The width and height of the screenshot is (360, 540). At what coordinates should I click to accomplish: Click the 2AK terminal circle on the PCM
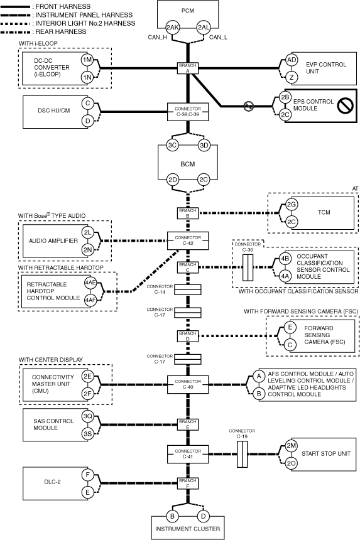point(172,28)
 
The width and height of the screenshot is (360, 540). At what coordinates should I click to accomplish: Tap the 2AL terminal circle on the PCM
point(204,28)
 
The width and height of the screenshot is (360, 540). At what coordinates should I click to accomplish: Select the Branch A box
point(188,68)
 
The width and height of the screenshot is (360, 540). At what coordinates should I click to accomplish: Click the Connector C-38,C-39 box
point(188,112)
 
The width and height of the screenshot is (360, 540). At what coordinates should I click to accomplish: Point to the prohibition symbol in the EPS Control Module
point(344,105)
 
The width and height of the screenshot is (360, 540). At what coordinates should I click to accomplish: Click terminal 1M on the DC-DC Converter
point(87,60)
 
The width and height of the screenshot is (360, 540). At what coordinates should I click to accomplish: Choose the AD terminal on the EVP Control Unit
point(292,60)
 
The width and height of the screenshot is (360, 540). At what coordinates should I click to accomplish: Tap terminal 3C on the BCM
point(172,145)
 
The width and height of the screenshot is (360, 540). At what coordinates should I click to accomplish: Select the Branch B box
point(188,213)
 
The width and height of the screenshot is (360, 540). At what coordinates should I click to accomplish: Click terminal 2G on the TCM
point(292,205)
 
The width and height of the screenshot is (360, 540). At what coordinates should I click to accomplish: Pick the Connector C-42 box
point(188,240)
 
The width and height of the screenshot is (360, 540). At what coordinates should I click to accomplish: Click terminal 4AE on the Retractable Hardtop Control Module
point(90,283)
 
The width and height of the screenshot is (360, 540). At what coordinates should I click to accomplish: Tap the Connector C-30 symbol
point(248,267)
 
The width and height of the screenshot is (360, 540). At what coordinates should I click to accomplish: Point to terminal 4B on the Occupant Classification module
point(285,259)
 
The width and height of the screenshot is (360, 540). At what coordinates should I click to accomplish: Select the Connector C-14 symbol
point(188,290)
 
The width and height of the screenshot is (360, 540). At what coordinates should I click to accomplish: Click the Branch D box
point(188,336)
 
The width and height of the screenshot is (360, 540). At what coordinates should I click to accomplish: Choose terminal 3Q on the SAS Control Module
point(87,416)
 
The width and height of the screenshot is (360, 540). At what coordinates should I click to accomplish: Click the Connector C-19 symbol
point(242,454)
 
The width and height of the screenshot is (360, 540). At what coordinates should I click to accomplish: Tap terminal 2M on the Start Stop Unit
point(292,446)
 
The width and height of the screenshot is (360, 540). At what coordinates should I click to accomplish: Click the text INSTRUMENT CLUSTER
point(188,529)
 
